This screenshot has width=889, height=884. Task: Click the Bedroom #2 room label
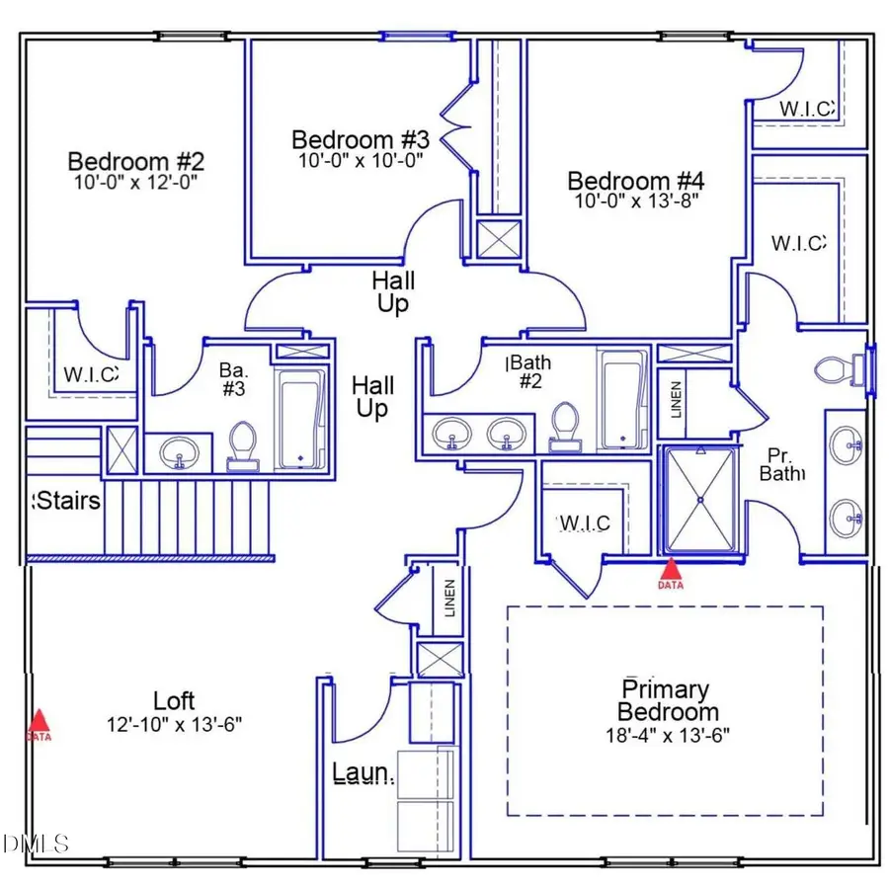tap(135, 161)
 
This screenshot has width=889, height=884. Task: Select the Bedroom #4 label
tap(635, 182)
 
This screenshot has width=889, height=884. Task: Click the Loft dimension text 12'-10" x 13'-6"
tap(175, 724)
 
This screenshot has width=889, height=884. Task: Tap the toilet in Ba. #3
tap(242, 444)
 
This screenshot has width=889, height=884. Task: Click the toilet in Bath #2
tap(565, 423)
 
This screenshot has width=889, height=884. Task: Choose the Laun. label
tap(364, 772)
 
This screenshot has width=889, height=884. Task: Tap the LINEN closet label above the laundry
tap(449, 599)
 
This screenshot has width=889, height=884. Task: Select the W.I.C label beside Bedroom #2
tap(88, 374)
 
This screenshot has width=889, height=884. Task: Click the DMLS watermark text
tap(37, 844)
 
